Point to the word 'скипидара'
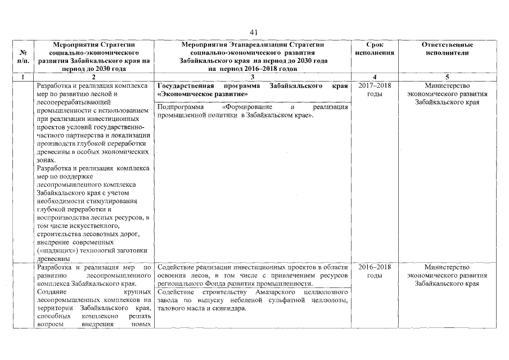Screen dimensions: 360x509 [x=229, y=309]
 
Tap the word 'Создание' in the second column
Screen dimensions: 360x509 [x=51, y=292]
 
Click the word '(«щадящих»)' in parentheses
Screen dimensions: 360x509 [x=56, y=250]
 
